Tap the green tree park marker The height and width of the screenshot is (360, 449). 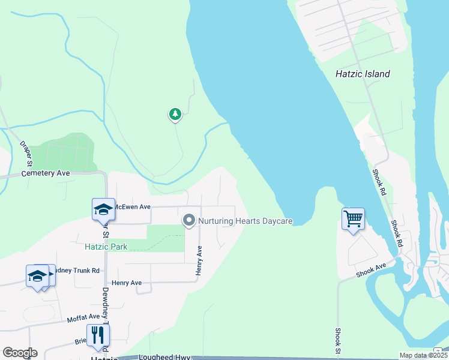tap(175, 113)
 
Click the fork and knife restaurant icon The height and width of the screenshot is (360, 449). tap(97, 335)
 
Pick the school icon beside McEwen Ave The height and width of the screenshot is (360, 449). tap(103, 209)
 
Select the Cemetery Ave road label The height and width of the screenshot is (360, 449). tap(46, 173)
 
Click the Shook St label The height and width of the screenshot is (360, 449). tap(338, 341)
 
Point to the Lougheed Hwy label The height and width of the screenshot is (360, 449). tap(164, 356)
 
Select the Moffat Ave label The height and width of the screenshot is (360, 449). tap(83, 316)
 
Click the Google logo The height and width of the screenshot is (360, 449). tap(19, 353)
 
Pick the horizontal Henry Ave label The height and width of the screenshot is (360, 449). tap(127, 283)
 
